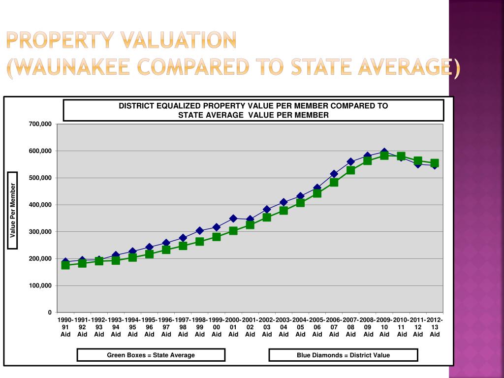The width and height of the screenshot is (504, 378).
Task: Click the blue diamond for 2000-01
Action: (x=233, y=219)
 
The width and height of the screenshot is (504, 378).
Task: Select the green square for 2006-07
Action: (x=334, y=183)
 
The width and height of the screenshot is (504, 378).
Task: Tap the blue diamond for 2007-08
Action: (x=350, y=161)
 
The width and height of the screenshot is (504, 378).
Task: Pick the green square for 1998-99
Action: (x=200, y=241)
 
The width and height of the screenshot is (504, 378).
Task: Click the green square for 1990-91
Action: (x=65, y=265)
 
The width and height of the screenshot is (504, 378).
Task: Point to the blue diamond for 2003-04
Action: (x=283, y=202)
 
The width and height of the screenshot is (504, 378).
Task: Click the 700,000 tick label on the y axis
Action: (x=40, y=124)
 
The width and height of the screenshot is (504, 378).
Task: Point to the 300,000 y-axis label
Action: (x=40, y=232)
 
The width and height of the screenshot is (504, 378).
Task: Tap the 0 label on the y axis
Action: (x=50, y=313)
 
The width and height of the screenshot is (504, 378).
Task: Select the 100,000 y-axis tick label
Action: (x=40, y=285)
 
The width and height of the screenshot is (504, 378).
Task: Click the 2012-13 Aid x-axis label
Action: (x=435, y=327)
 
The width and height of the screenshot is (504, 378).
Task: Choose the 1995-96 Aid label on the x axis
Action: (x=150, y=327)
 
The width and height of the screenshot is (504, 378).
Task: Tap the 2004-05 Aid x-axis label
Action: (x=300, y=327)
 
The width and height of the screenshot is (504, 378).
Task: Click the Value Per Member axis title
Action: (x=12, y=211)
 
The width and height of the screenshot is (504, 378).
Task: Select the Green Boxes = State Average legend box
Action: (x=151, y=355)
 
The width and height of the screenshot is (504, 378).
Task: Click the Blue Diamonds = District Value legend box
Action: (x=343, y=355)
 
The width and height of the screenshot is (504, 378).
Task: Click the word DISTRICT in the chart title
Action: (x=137, y=106)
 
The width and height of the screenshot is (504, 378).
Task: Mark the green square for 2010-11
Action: (x=401, y=157)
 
